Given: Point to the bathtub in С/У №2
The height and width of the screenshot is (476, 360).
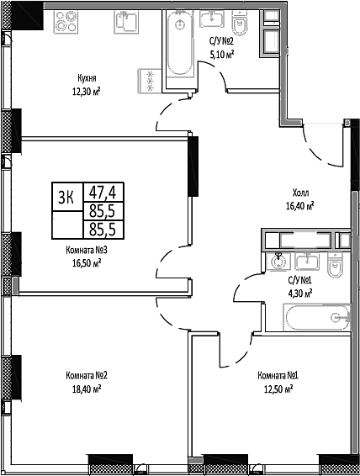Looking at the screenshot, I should [x=177, y=45].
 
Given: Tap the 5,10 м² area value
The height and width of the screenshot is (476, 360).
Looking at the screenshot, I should [x=220, y=53].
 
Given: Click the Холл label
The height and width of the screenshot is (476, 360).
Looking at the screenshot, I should [x=301, y=191].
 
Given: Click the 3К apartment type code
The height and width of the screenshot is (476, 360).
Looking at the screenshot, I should [x=66, y=196].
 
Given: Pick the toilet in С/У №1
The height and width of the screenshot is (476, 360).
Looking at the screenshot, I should [x=336, y=268].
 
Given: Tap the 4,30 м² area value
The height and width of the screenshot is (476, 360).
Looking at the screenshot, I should [x=300, y=294].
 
